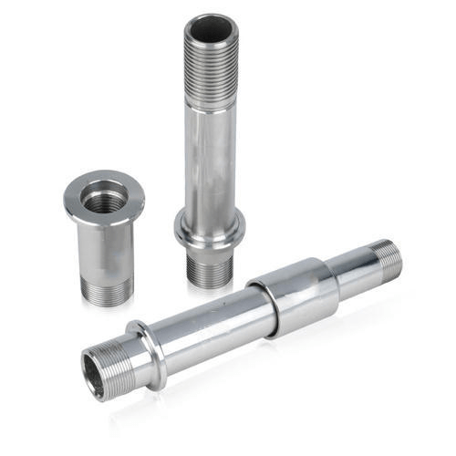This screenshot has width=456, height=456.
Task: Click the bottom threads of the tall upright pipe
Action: point(209,266)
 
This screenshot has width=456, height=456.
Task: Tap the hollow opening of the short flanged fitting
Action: point(104,196)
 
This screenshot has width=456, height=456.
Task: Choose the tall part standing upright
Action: point(210,146)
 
